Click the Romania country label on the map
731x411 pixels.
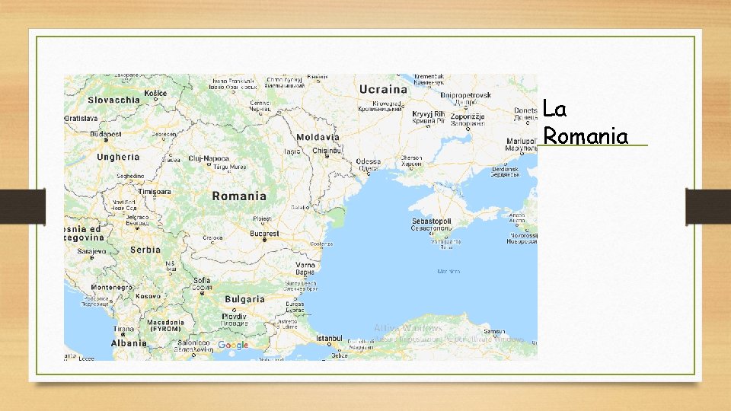239,196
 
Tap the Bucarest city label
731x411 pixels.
265,233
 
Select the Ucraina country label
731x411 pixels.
384,90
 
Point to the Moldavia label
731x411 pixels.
318,137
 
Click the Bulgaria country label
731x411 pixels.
244,299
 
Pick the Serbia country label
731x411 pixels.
145,250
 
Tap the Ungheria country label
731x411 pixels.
119,157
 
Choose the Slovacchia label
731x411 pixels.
113,100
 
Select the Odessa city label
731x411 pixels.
368,161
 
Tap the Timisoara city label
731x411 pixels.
155,192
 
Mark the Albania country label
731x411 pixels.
129,343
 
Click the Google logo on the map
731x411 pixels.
233,346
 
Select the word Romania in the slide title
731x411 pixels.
586,136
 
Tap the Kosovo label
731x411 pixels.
149,295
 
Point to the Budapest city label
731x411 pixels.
106,134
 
